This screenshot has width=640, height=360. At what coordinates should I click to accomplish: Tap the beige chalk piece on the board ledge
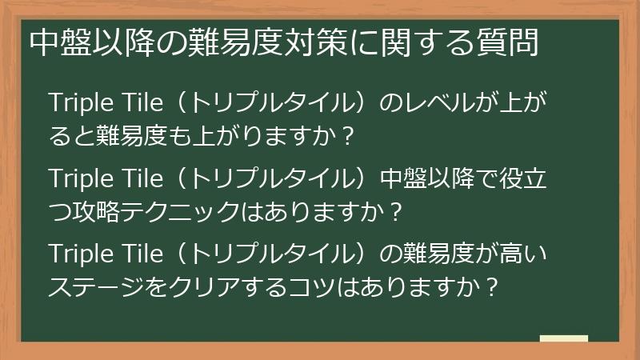coord(564,339)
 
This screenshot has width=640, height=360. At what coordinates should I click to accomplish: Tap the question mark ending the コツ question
coord(493,285)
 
